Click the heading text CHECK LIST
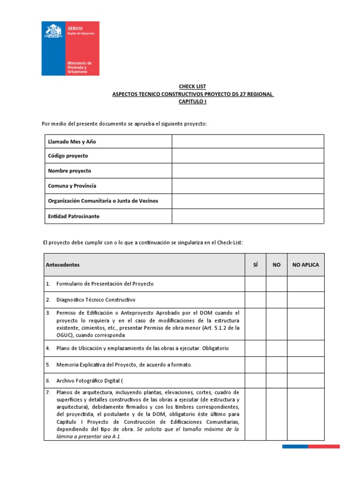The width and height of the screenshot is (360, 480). [192, 87]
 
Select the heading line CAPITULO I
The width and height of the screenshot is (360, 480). [192, 102]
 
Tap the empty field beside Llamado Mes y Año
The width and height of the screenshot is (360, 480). [247, 142]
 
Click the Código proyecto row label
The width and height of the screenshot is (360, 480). [68, 156]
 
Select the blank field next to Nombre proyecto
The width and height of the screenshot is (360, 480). [247, 171]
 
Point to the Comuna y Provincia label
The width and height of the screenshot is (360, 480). [72, 186]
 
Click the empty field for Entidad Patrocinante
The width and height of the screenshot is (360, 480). [247, 216]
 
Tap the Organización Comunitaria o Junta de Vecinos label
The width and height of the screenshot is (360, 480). [103, 201]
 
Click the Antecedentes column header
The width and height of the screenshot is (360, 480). [63, 265]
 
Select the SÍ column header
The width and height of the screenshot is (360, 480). [255, 265]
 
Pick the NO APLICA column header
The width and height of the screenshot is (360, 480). [306, 265]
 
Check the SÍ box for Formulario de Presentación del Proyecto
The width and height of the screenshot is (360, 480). [255, 284]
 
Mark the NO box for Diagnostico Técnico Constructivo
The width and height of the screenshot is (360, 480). [277, 300]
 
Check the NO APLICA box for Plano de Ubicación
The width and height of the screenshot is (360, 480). [306, 348]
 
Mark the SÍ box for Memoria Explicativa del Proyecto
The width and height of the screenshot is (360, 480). [255, 365]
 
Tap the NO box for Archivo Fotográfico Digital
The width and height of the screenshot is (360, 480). [277, 381]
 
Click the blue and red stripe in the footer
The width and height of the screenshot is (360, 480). [310, 447]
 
